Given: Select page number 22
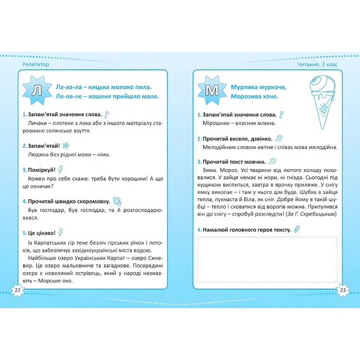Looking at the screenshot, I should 17,291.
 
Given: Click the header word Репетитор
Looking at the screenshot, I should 38,64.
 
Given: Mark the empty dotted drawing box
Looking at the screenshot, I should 267,259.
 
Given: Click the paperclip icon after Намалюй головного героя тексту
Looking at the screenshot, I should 298,229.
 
